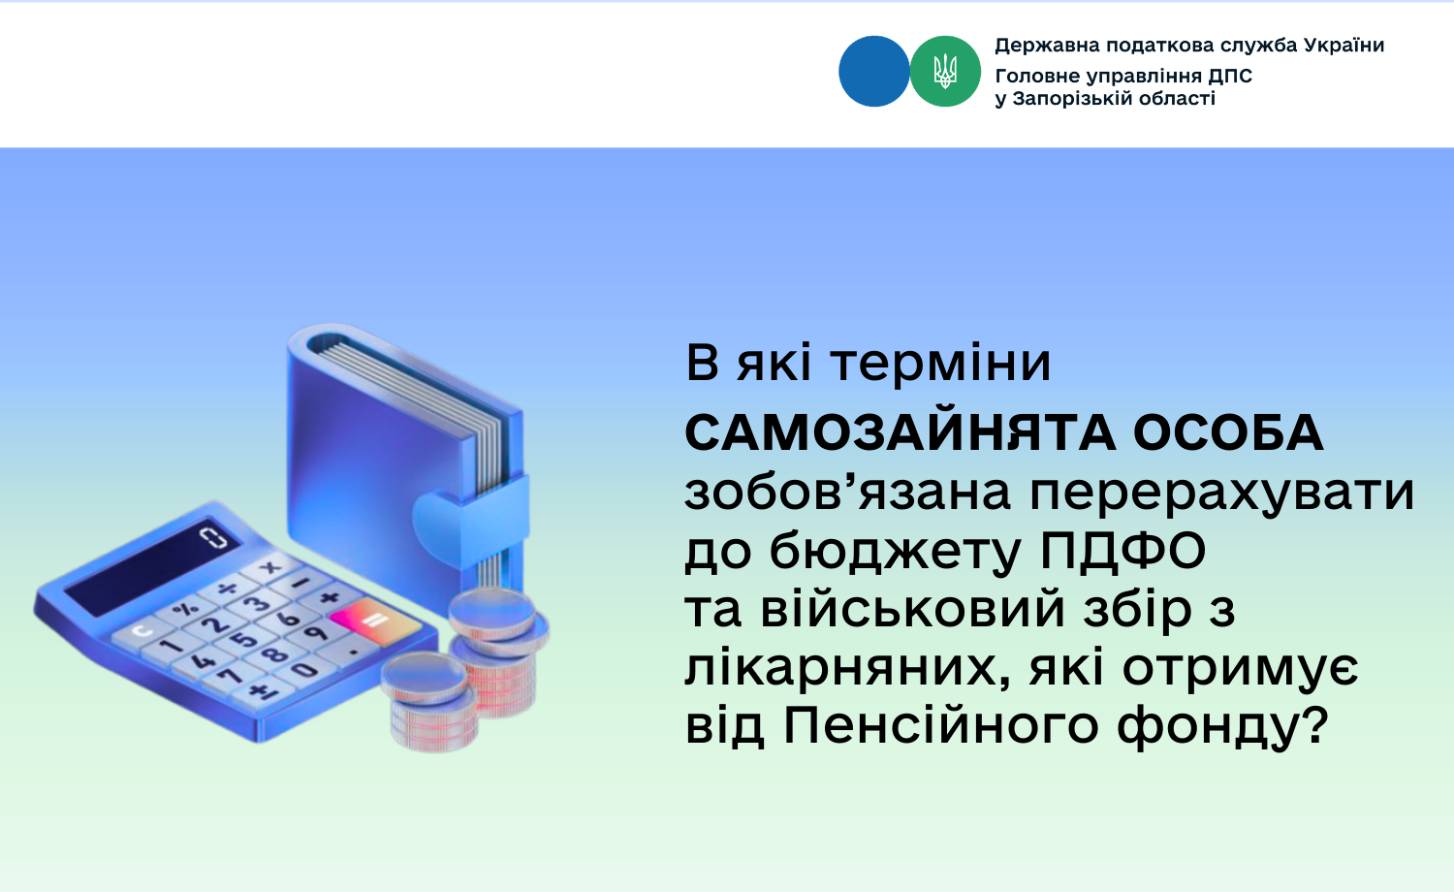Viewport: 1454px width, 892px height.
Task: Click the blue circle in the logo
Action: click(x=873, y=72)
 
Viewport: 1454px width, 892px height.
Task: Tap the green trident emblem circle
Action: click(x=945, y=72)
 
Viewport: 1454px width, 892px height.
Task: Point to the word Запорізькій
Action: click(x=1072, y=99)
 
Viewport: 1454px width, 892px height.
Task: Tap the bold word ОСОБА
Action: click(x=1228, y=433)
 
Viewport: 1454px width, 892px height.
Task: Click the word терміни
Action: click(x=941, y=363)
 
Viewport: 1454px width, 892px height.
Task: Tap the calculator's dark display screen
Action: click(x=152, y=565)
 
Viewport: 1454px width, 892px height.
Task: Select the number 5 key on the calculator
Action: click(x=244, y=640)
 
